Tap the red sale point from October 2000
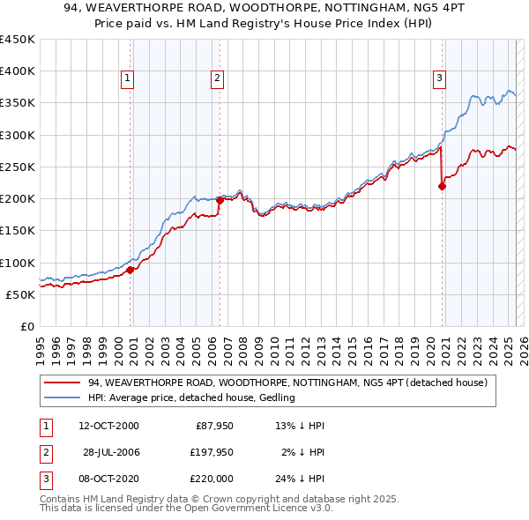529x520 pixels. pos(130,270)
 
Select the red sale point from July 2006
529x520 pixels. pos(220,200)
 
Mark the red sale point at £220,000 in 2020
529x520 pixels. pos(442,186)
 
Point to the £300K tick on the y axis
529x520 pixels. pos(18,135)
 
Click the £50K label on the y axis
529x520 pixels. pos(21,294)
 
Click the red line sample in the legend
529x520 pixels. pos(63,383)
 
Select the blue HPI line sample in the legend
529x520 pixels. pos(63,398)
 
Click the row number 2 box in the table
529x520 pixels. pos(43,451)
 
